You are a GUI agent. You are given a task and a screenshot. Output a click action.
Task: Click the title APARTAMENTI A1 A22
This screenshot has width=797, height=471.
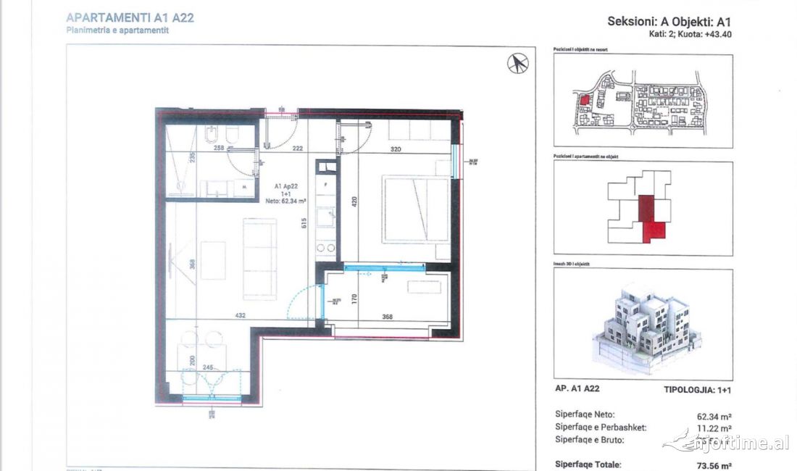tap(130, 17)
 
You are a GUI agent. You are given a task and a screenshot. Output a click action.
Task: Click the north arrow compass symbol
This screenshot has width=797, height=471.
tap(517, 64)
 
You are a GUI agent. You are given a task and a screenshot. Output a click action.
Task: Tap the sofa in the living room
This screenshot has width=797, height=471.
tap(259, 259)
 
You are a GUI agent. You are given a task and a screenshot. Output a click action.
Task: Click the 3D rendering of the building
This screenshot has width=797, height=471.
tap(643, 324)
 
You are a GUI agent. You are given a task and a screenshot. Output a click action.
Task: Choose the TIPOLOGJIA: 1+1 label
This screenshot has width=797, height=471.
tap(697, 389)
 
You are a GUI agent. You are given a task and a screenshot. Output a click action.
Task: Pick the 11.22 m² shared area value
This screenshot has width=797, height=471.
tap(714, 428)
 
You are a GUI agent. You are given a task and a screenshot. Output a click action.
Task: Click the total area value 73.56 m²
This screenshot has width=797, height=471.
tap(714, 464)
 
